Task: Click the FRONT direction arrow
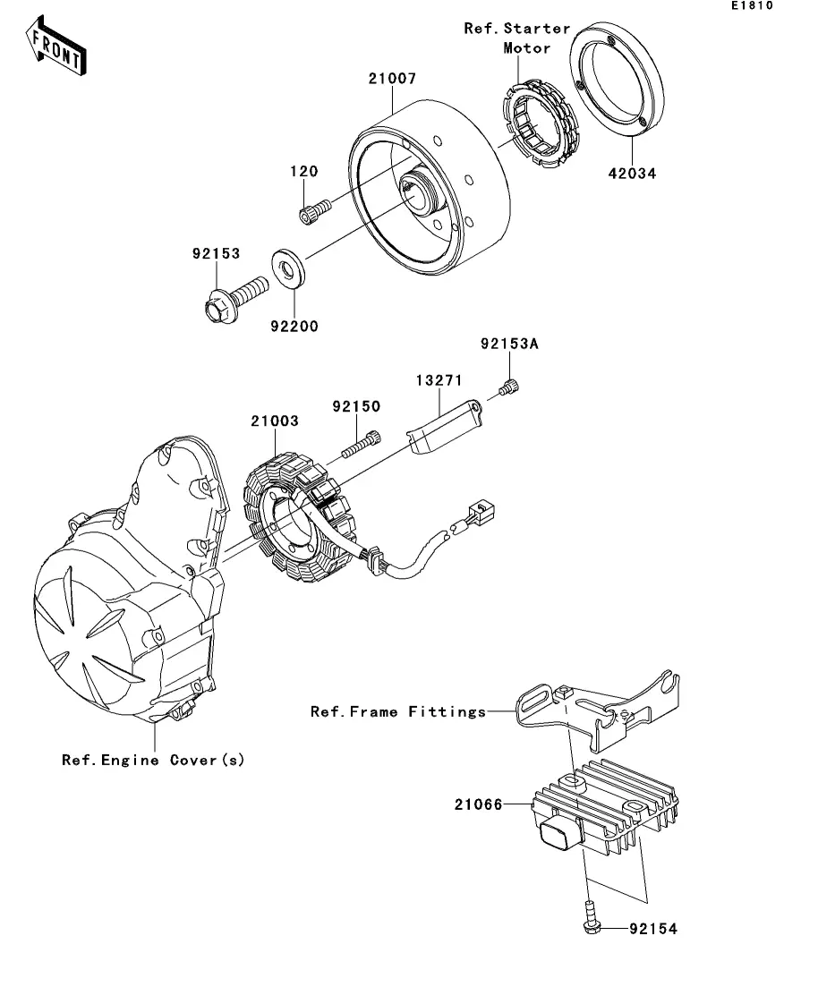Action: [x=56, y=47]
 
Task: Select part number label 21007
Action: [x=392, y=79]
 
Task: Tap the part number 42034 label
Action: [x=632, y=173]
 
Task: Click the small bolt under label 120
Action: [x=314, y=211]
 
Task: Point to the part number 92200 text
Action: [x=294, y=326]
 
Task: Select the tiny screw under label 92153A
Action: [x=509, y=388]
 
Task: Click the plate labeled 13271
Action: [x=445, y=426]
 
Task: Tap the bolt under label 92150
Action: [x=362, y=445]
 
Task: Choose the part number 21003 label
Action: [x=275, y=421]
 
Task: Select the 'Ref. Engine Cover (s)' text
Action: [x=153, y=760]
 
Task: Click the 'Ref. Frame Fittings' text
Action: [x=398, y=711]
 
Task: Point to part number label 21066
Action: [x=479, y=804]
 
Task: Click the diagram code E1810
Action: [x=752, y=5]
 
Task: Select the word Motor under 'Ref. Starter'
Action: [x=527, y=47]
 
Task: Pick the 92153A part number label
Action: [x=509, y=344]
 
